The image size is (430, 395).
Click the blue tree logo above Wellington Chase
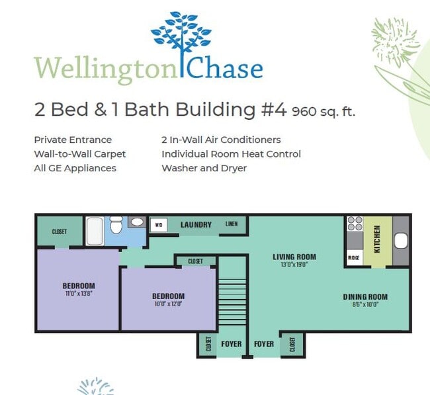click(x=181, y=38)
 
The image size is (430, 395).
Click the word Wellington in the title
click(x=106, y=68)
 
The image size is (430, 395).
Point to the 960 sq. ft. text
click(x=323, y=111)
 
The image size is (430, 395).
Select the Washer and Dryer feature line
click(x=204, y=168)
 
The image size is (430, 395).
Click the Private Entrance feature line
click(x=73, y=140)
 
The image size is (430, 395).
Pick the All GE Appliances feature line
click(x=75, y=168)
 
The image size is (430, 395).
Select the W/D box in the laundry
click(x=159, y=224)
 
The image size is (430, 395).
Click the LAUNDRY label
click(x=196, y=225)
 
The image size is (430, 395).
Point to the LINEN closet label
click(x=232, y=224)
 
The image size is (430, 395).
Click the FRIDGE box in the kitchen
click(x=354, y=257)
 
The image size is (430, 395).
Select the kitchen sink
click(x=401, y=241)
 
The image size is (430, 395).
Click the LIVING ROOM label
click(x=294, y=257)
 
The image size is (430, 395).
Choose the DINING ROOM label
click(x=365, y=296)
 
